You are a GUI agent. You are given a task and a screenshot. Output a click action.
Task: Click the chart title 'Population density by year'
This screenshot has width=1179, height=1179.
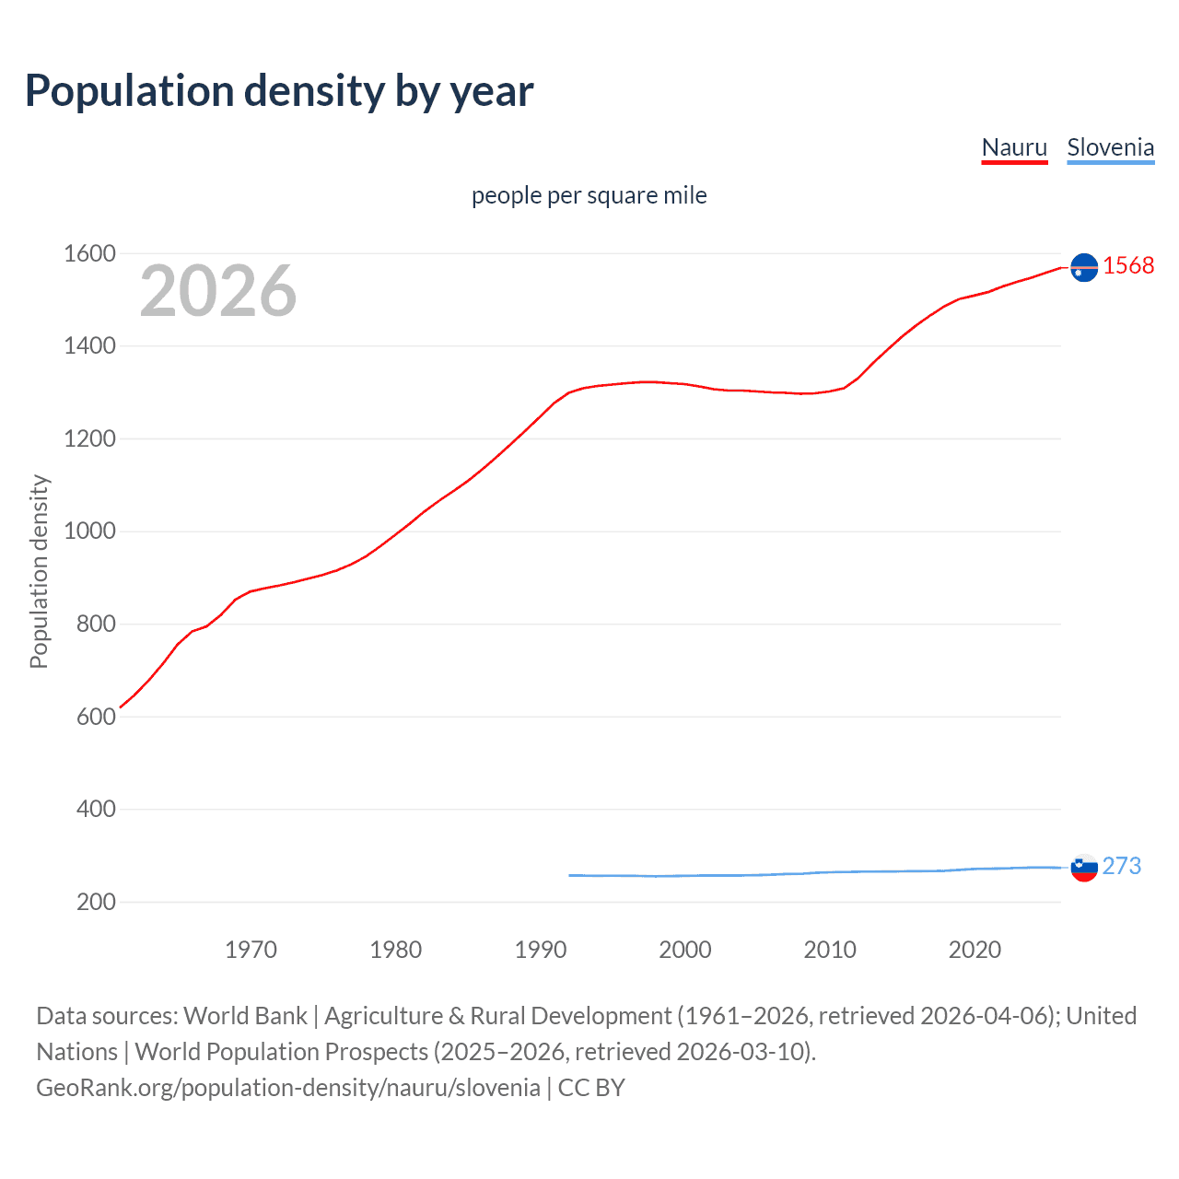point(279,91)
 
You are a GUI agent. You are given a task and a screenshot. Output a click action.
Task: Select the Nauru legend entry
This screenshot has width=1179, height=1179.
point(1014,147)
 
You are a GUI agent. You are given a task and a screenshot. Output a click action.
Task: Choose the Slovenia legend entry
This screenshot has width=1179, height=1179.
point(1110,147)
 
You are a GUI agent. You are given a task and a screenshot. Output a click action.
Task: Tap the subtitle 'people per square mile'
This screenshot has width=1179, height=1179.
point(589,195)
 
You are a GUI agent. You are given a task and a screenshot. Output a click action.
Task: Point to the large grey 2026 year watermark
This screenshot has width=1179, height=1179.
point(218,291)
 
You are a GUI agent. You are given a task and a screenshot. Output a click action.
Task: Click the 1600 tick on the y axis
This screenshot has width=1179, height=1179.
point(89,253)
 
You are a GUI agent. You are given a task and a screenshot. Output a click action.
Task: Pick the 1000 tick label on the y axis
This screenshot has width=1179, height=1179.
point(89,531)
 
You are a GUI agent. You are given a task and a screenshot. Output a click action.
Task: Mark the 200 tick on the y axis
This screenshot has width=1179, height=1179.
point(96,902)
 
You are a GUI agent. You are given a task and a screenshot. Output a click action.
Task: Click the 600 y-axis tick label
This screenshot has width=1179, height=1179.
point(96,717)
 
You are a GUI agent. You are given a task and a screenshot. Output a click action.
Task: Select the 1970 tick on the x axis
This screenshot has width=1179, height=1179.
point(251,950)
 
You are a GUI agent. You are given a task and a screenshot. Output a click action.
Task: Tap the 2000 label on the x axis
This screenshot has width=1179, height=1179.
point(684,950)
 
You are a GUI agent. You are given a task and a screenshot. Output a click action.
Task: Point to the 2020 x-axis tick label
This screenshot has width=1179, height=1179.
point(975,950)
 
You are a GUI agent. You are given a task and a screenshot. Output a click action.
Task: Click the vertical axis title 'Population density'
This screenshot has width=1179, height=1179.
point(39,571)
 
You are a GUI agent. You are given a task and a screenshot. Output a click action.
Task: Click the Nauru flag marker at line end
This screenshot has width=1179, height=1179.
point(1084,267)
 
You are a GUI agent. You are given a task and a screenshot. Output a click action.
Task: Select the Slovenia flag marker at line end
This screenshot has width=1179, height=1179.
point(1084,867)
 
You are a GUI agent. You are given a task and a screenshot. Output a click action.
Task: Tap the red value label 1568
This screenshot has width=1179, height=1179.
point(1128,266)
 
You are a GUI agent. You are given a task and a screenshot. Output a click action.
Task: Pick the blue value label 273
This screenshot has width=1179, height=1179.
point(1121,866)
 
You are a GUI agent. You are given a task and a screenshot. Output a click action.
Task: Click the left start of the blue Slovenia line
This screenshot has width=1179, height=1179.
point(570,875)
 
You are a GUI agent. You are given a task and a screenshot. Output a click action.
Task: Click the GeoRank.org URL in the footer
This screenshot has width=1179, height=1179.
point(287,1088)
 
